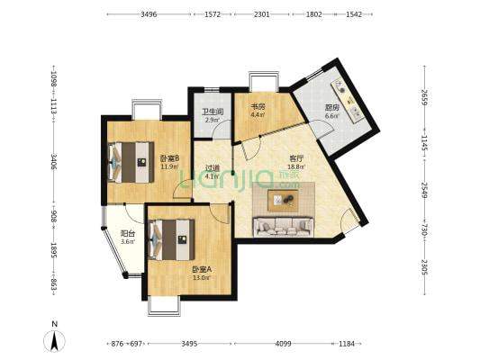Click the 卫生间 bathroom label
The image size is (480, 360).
[x=213, y=112]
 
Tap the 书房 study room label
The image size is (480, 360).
[x=258, y=107]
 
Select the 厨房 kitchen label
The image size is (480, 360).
[x=332, y=108]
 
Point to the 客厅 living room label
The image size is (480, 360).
[x=296, y=158]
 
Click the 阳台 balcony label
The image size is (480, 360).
[x=128, y=234]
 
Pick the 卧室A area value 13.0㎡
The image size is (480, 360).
[x=202, y=278]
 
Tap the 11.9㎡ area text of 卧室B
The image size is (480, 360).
[x=170, y=166]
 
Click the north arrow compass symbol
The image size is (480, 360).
[x=55, y=341]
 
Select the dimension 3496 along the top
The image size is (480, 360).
[x=149, y=14]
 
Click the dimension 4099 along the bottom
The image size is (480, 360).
[x=283, y=344]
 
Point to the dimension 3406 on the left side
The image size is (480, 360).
[x=53, y=162]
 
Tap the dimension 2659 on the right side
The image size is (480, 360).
[x=424, y=97]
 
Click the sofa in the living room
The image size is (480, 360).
[x=283, y=227]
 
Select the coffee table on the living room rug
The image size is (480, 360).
[x=283, y=201]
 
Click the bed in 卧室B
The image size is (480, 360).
[x=131, y=162]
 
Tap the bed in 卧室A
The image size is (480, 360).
[x=171, y=239]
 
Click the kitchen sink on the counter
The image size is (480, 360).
[x=355, y=113]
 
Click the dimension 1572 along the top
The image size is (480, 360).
[x=213, y=14]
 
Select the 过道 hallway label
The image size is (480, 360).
[x=213, y=168]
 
